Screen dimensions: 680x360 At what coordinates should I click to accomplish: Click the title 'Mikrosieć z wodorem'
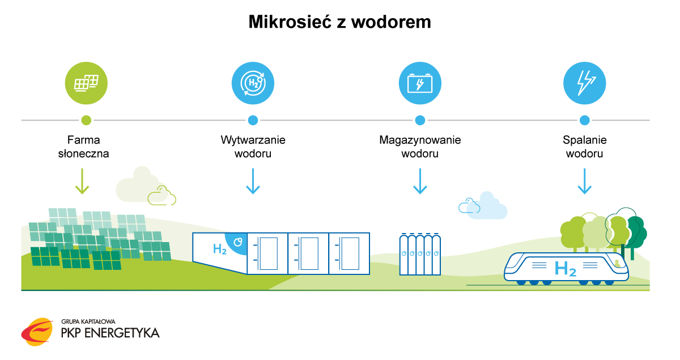(339, 22)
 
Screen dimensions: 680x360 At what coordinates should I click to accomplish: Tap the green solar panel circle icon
(86, 83)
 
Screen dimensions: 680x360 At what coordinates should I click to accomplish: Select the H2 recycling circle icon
(253, 83)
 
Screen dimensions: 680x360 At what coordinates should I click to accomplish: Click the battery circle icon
(420, 83)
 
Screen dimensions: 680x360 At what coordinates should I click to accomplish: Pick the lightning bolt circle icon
(584, 83)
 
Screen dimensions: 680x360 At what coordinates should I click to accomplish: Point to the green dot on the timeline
(86, 120)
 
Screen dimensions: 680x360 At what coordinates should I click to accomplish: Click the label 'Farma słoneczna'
(83, 147)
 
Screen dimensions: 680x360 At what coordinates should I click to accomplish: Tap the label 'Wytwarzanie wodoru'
(253, 147)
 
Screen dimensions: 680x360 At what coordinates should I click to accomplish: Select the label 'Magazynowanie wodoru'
(420, 147)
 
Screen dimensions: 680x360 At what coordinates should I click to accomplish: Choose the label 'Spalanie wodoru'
(584, 147)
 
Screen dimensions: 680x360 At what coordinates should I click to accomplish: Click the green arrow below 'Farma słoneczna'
(82, 181)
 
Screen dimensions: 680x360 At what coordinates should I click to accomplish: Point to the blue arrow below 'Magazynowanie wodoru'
(420, 181)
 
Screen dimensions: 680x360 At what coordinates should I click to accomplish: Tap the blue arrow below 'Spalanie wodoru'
(584, 181)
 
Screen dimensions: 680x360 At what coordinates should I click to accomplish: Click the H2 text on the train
(566, 269)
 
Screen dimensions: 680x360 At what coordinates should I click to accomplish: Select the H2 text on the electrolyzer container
(220, 249)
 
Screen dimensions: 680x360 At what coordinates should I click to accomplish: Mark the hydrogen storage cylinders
(420, 255)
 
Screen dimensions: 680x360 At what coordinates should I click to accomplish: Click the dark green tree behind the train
(636, 234)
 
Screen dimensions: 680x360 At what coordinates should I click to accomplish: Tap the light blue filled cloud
(488, 206)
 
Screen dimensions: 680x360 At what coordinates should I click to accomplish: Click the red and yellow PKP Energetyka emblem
(37, 332)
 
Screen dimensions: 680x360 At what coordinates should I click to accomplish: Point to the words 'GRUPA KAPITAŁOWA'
(88, 321)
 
